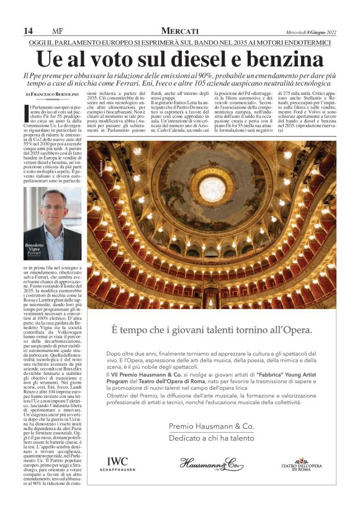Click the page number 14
click(28, 31)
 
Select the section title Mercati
click(179, 31)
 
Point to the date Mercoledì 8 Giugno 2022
click(307, 32)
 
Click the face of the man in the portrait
click(55, 209)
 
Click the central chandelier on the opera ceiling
click(212, 187)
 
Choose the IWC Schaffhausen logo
click(117, 464)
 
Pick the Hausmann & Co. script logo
click(212, 463)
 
